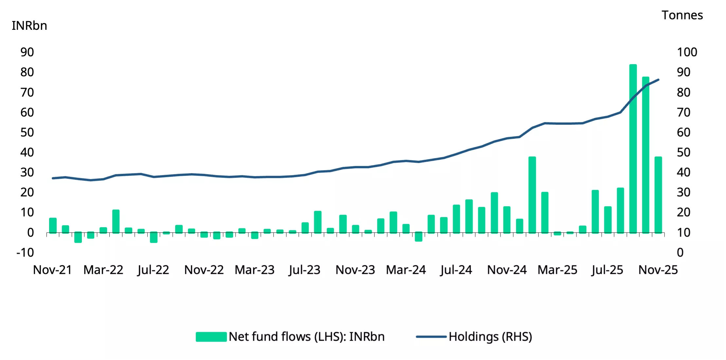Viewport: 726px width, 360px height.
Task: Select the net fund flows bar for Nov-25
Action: pos(658,195)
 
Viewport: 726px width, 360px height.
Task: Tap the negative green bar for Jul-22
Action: pos(154,237)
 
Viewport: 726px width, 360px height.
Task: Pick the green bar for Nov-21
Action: pos(53,225)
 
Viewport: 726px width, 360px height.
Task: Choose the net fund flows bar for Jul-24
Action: pos(456,219)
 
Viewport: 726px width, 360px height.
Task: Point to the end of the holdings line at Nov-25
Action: pos(658,80)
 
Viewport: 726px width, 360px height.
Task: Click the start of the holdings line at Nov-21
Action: pos(53,178)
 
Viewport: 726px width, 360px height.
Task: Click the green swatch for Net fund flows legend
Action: pos(211,337)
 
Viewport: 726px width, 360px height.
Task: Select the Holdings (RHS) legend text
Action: pos(490,337)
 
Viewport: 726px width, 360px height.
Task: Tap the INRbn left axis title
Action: pos(29,26)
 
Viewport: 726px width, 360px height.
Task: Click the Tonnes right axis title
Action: pos(682,15)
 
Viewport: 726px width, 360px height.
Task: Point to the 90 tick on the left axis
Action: pos(27,52)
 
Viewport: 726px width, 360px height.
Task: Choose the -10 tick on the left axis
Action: pos(25,252)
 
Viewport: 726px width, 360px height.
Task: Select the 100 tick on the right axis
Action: pos(687,52)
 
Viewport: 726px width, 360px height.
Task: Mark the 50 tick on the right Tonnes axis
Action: pos(683,152)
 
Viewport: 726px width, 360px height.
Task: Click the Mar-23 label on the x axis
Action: pos(254,270)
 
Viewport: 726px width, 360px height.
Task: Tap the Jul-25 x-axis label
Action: pos(607,270)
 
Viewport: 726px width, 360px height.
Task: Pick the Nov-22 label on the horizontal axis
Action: pos(204,270)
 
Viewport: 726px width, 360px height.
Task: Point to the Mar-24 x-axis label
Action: pos(406,270)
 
